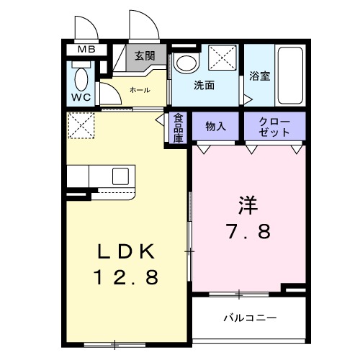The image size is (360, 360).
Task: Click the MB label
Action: pos(86,50)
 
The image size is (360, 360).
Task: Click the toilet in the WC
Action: pos(81,76)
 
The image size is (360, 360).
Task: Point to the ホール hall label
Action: pos(140,90)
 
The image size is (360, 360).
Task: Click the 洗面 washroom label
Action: pos(204,85)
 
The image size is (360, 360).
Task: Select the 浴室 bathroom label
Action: pos(260,76)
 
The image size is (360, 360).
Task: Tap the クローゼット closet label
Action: pos(274,127)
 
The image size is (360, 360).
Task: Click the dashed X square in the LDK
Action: pos(81,125)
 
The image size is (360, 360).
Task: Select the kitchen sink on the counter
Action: pos(120,175)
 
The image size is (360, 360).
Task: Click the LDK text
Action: pos(125,252)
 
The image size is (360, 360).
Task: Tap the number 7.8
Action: pos(248,232)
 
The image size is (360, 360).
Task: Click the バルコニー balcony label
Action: pos(249,317)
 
